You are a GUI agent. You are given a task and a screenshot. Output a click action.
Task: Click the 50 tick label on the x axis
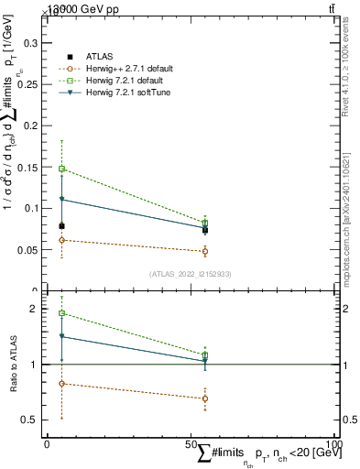click(191, 444)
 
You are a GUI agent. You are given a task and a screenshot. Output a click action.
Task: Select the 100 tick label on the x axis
click(334, 444)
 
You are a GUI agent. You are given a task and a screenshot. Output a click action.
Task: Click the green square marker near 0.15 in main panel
click(61, 169)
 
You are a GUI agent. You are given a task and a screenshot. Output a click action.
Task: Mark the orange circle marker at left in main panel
click(61, 240)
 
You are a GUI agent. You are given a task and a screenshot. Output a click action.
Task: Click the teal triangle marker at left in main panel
click(61, 199)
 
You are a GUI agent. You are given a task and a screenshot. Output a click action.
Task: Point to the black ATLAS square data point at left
click(61, 225)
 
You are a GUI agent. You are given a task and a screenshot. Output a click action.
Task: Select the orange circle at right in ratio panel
click(205, 398)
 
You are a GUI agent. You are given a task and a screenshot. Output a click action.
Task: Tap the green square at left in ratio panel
click(61, 313)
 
